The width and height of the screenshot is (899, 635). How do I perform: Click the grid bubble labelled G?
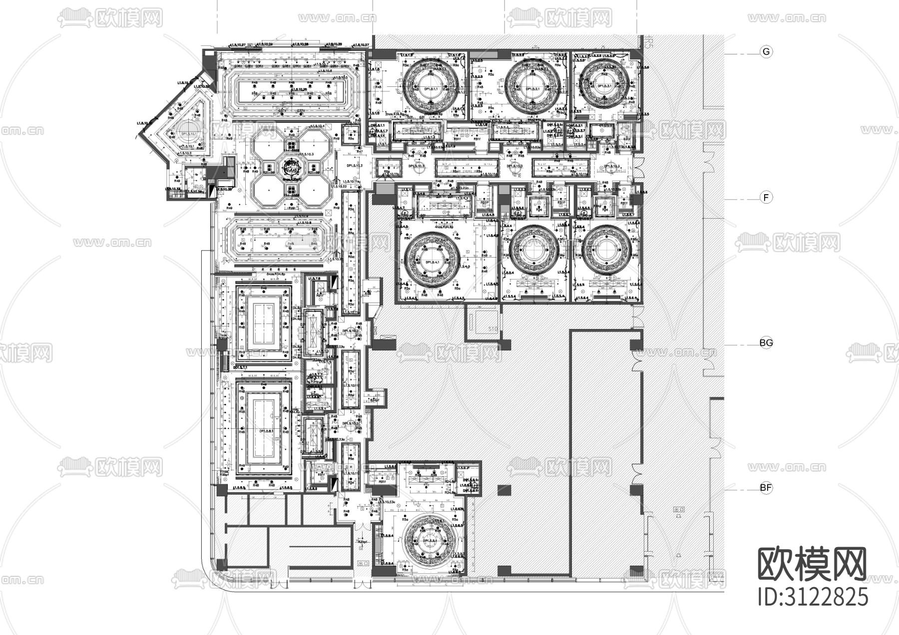[x=766, y=52]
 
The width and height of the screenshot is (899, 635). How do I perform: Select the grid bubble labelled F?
[x=766, y=198]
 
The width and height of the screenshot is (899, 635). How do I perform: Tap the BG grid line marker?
[x=766, y=343]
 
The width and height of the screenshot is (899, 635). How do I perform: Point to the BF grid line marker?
[x=766, y=488]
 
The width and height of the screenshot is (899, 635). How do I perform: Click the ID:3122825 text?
[x=813, y=597]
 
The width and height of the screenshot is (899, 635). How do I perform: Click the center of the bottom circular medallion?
[x=431, y=540]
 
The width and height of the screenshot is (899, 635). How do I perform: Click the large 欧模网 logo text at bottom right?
[x=813, y=564]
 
